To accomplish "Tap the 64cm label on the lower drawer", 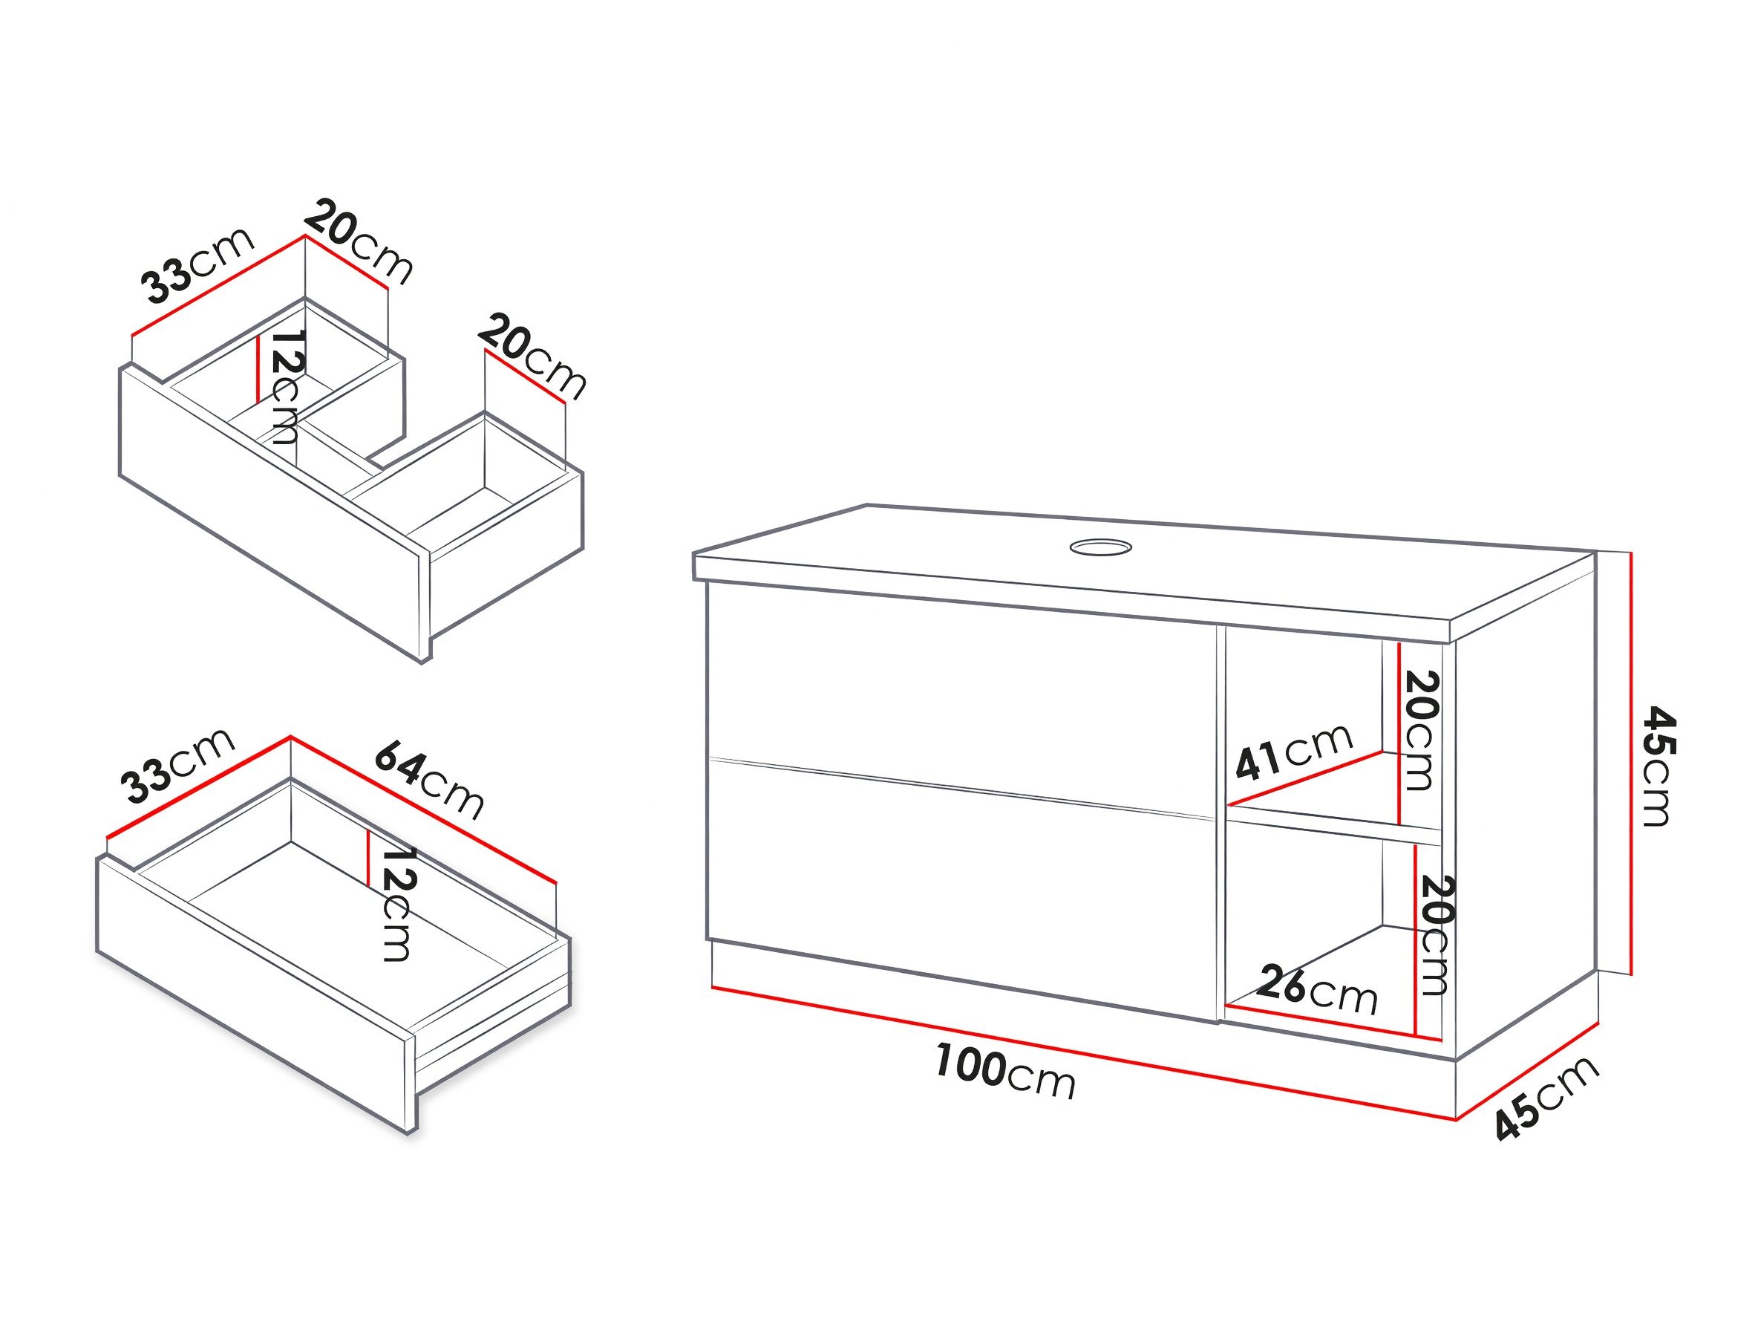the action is (x=428, y=779).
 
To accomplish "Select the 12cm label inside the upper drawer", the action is (x=284, y=386).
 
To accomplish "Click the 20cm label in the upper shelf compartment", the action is (x=1421, y=731).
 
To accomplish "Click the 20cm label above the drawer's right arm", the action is (x=532, y=357).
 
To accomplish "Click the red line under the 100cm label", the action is (x=1084, y=1053).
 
